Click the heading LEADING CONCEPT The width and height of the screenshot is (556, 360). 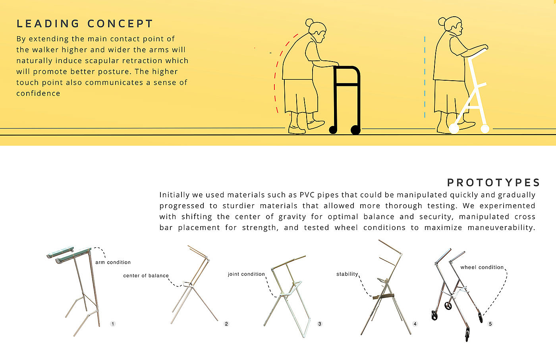85,24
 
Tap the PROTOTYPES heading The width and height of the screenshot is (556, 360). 493,183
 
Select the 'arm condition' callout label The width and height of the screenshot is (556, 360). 113,262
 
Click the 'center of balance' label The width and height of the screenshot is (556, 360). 146,276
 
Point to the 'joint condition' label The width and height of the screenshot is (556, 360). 247,274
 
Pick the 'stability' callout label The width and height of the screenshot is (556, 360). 347,274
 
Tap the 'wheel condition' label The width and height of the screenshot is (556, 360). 482,267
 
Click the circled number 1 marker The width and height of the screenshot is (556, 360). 113,324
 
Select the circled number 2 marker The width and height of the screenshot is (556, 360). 226,324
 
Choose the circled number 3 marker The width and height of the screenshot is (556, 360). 320,324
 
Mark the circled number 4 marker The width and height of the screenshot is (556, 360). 415,324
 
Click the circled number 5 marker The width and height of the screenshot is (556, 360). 490,324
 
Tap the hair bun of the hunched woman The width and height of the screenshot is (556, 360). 309,22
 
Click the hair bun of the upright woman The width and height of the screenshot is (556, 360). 442,21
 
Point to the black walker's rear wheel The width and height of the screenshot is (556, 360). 333,130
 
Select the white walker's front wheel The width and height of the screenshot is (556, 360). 485,129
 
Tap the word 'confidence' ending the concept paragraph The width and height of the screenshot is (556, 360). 38,94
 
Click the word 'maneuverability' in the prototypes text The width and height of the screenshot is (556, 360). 501,228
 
